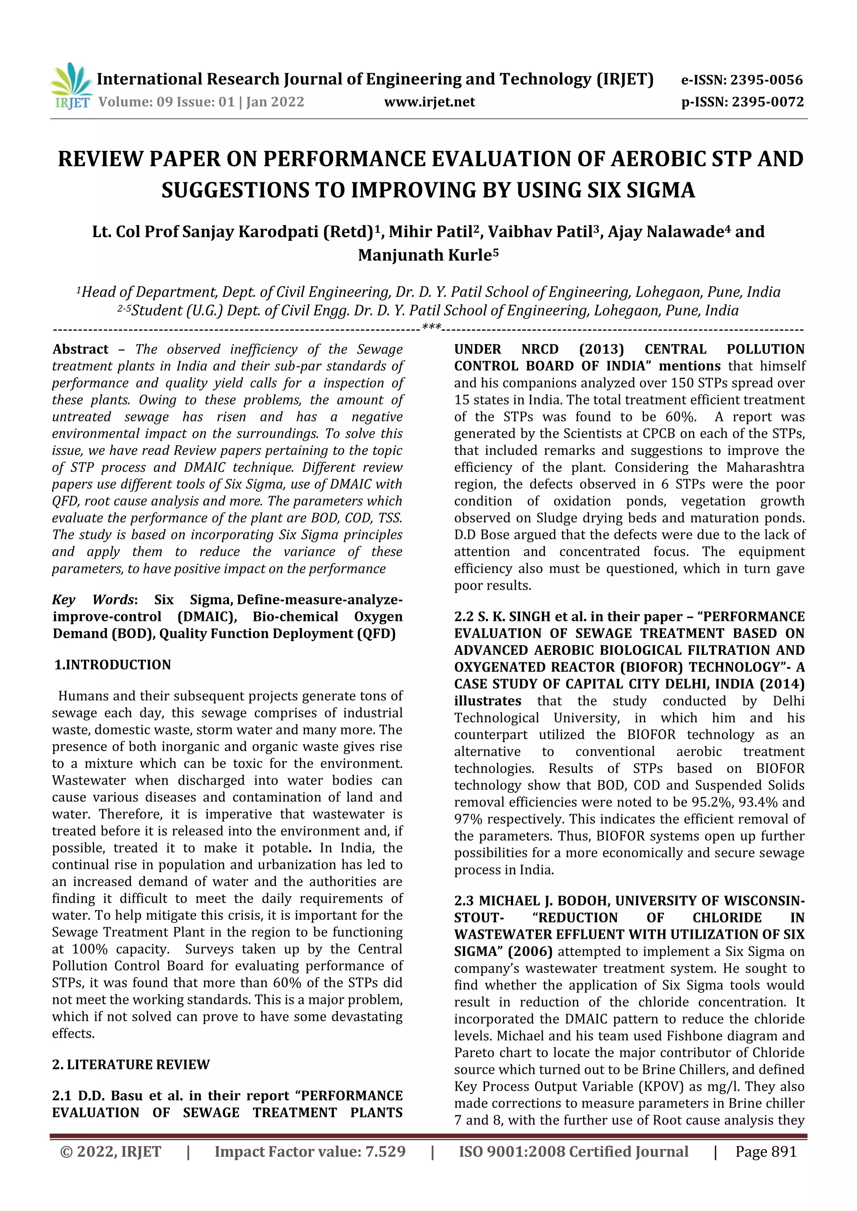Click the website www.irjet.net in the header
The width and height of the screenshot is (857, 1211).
(429, 102)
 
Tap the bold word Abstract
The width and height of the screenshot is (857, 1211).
(80, 349)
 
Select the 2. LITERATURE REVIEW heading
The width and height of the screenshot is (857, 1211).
(131, 1064)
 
